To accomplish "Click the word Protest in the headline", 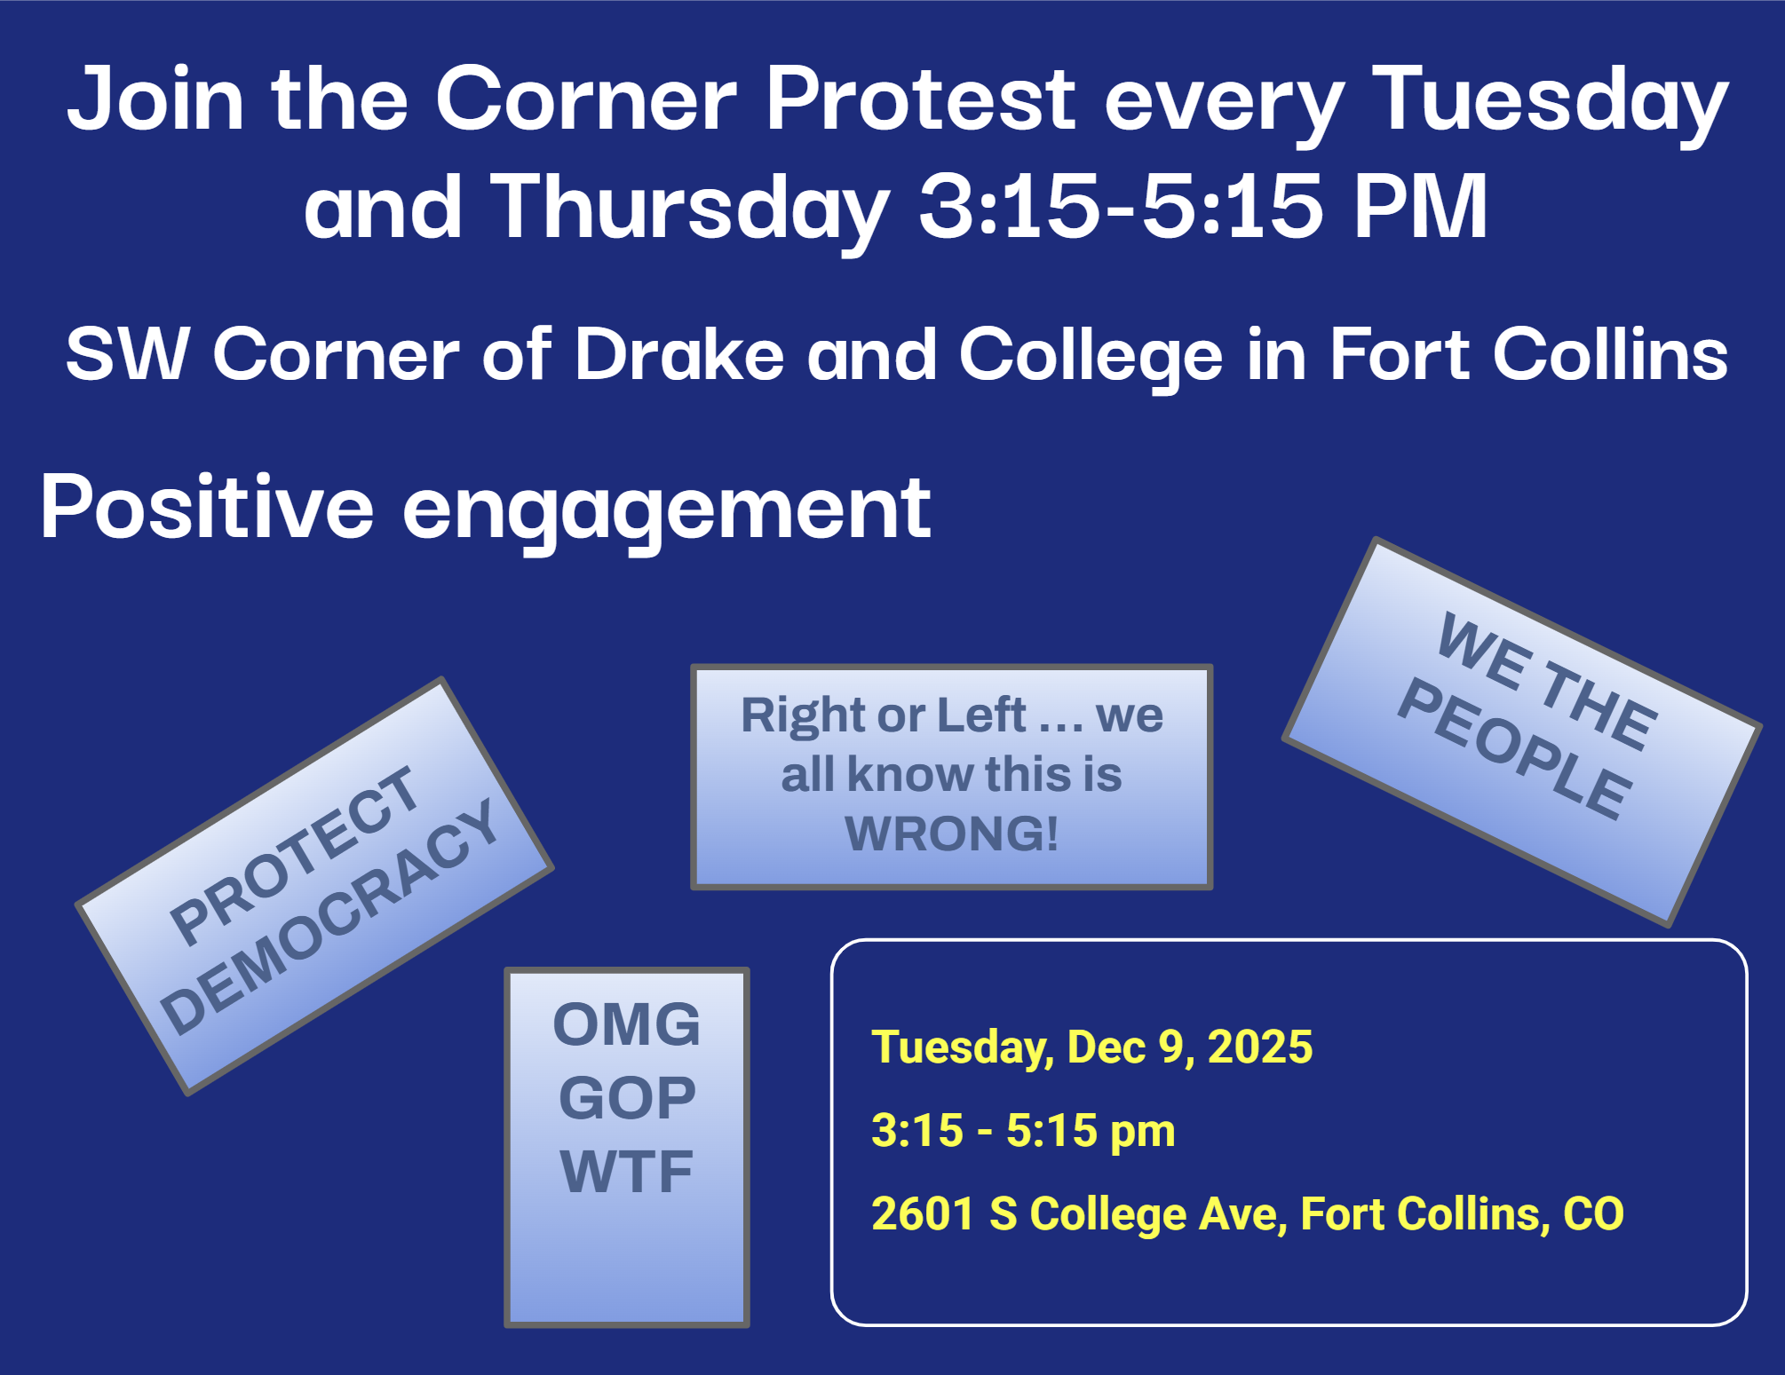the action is click(921, 99).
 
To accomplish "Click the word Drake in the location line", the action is click(680, 354).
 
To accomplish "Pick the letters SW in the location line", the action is click(127, 354).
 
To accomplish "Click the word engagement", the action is click(667, 512).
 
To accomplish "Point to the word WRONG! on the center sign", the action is click(951, 833).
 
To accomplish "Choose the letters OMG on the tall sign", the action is click(627, 1024).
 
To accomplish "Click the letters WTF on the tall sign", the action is click(627, 1172).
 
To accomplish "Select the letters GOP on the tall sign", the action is click(627, 1098).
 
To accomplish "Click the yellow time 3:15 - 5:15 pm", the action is click(1023, 1131).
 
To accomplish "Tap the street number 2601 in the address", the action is click(924, 1213).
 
